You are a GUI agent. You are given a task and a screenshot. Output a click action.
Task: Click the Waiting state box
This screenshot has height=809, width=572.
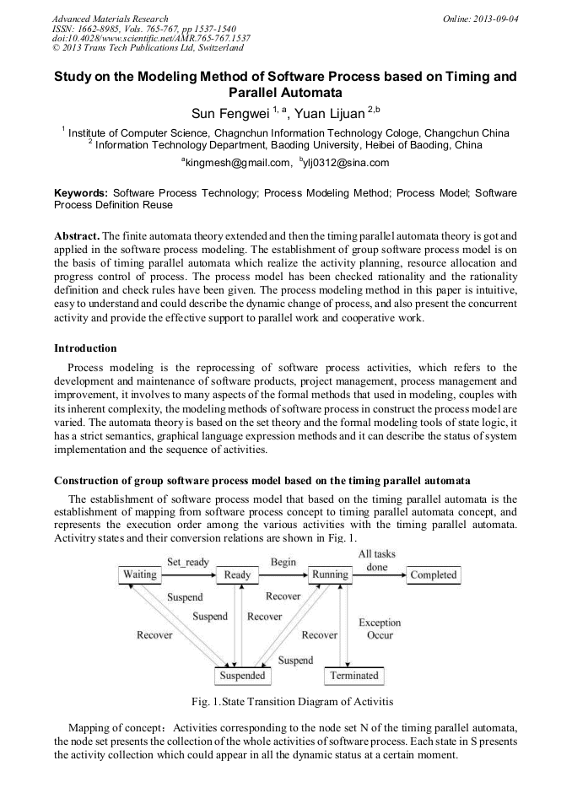coord(140,575)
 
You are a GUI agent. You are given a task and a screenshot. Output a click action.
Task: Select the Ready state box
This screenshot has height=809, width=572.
coord(237,575)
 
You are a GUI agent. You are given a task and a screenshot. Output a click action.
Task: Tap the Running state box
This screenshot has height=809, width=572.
coord(330,575)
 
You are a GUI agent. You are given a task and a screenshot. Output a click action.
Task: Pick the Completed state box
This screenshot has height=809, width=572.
coord(433,575)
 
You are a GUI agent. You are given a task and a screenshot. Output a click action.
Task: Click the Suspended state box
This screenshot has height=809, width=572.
coord(242,676)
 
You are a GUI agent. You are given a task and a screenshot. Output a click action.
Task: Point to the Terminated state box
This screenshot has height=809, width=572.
coord(354,676)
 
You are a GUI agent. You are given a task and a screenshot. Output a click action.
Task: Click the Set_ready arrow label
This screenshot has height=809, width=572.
coord(187,562)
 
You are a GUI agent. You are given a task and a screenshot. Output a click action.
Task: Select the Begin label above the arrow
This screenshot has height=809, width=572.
coord(283,562)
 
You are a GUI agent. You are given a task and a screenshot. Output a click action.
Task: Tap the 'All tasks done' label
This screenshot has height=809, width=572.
coord(377,560)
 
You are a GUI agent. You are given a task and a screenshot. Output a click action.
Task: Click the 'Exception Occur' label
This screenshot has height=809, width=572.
coord(380,628)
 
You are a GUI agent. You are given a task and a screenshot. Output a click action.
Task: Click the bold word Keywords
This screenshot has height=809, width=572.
coord(81,192)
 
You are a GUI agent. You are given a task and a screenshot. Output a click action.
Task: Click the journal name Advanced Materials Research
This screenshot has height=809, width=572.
coord(110,18)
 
